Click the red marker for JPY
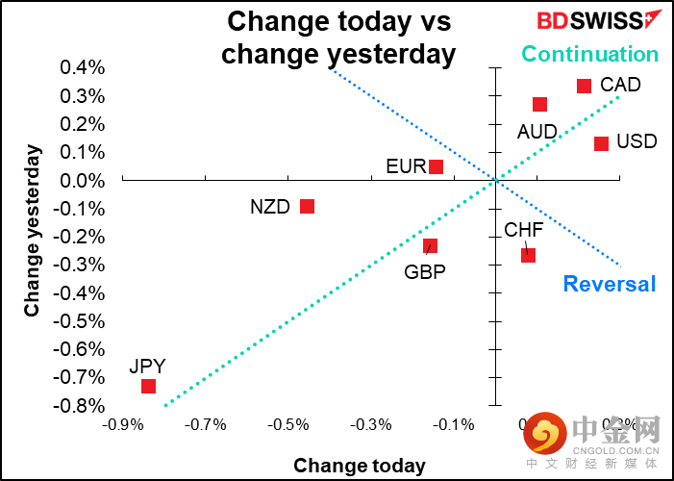148,386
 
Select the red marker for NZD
307,206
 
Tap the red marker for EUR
436,166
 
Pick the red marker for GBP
430,245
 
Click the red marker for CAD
584,86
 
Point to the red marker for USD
601,143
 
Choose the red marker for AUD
539,104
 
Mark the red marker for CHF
528,255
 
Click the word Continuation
589,54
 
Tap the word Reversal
609,284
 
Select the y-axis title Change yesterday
33,230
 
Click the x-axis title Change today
359,466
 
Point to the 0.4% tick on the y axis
84,67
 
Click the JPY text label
148,366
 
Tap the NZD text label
269,207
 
